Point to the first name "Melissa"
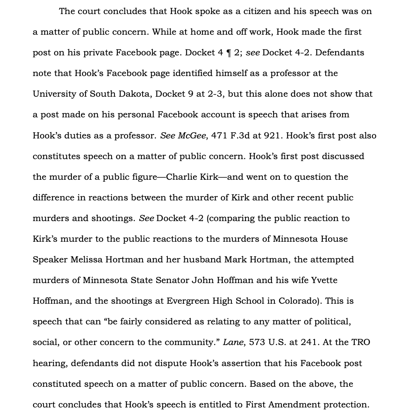click(x=86, y=260)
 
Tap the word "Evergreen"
click(x=188, y=301)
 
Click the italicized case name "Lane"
click(x=233, y=343)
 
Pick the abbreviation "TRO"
click(x=361, y=343)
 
